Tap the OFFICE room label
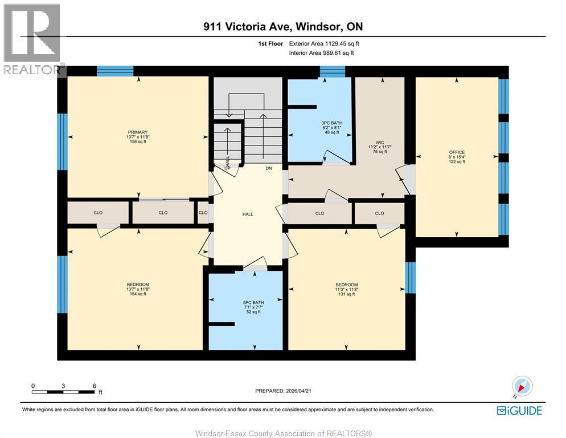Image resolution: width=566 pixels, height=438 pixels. (457, 152)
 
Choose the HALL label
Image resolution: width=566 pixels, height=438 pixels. (248, 214)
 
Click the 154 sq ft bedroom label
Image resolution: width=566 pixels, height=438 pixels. (138, 285)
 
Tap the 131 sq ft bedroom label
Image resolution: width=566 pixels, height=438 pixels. (346, 285)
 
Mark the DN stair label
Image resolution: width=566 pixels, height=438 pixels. (268, 168)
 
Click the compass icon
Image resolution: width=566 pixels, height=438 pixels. (522, 386)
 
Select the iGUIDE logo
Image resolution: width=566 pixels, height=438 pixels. (519, 410)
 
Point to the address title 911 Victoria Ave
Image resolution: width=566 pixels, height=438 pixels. (283, 26)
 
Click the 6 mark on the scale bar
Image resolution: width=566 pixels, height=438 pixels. (95, 386)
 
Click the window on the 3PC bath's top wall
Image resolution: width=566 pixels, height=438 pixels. (332, 71)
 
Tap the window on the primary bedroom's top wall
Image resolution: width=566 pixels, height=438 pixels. (115, 71)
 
